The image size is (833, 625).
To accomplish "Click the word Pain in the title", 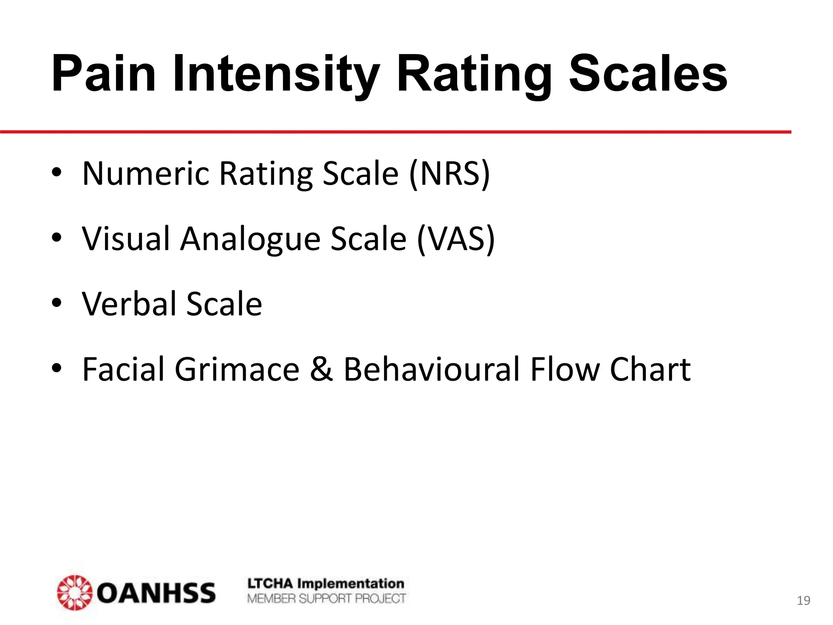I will (x=104, y=74).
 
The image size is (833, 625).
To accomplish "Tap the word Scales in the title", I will (x=648, y=74).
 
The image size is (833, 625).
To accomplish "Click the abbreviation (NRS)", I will (x=449, y=174).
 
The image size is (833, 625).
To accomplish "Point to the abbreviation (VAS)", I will (x=456, y=239).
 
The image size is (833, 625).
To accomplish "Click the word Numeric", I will (x=146, y=174).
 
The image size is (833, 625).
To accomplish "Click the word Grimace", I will (x=237, y=369).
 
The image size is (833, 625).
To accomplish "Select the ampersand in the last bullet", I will (x=321, y=369).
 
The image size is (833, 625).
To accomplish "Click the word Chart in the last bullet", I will (x=650, y=369).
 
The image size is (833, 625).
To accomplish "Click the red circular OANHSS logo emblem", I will (x=74, y=592).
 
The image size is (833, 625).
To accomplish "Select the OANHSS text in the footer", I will (x=156, y=593).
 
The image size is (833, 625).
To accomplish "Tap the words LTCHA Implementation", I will (x=326, y=583).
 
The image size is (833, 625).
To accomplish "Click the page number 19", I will (x=803, y=601).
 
